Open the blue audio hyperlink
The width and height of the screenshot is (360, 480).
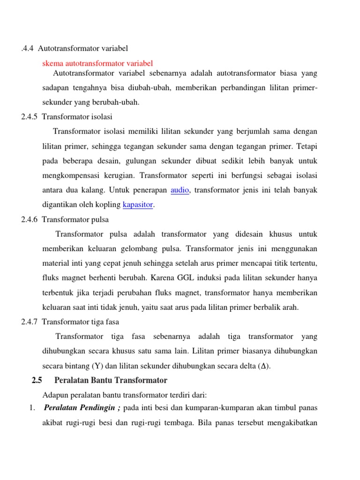[x=180, y=190]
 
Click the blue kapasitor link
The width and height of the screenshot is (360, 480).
[x=138, y=205]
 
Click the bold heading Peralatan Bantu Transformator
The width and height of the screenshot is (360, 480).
[x=111, y=380]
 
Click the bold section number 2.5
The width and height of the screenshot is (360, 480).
[x=37, y=380]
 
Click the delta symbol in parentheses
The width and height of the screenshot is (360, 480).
[x=266, y=366]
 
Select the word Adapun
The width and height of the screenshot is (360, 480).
[x=55, y=395]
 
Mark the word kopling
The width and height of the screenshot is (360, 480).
[x=108, y=205]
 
